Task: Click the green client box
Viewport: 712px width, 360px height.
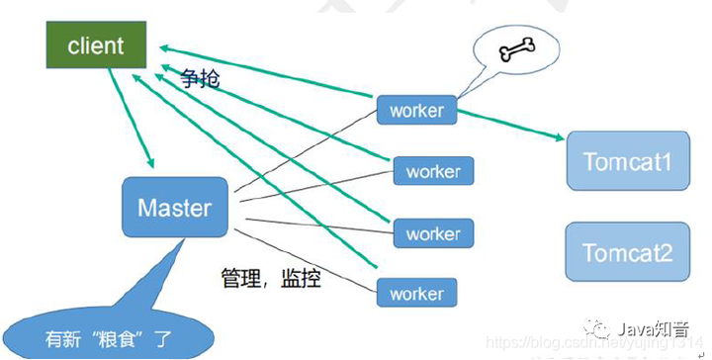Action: pyautogui.click(x=96, y=45)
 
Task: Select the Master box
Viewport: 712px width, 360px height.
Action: pyautogui.click(x=174, y=208)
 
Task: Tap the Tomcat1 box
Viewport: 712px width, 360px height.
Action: pyautogui.click(x=627, y=161)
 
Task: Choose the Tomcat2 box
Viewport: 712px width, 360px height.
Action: pyautogui.click(x=627, y=252)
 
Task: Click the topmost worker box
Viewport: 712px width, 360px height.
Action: pyautogui.click(x=416, y=110)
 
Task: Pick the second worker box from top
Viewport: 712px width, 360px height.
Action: pyautogui.click(x=433, y=171)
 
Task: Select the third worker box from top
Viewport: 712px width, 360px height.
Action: pyautogui.click(x=433, y=233)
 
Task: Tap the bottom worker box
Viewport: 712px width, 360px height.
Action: pyautogui.click(x=416, y=294)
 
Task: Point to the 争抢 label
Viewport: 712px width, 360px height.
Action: pyautogui.click(x=202, y=80)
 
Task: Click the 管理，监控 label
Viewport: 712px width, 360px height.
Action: pyautogui.click(x=270, y=279)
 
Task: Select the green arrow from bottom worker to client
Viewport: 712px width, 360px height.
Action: pyautogui.click(x=257, y=188)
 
